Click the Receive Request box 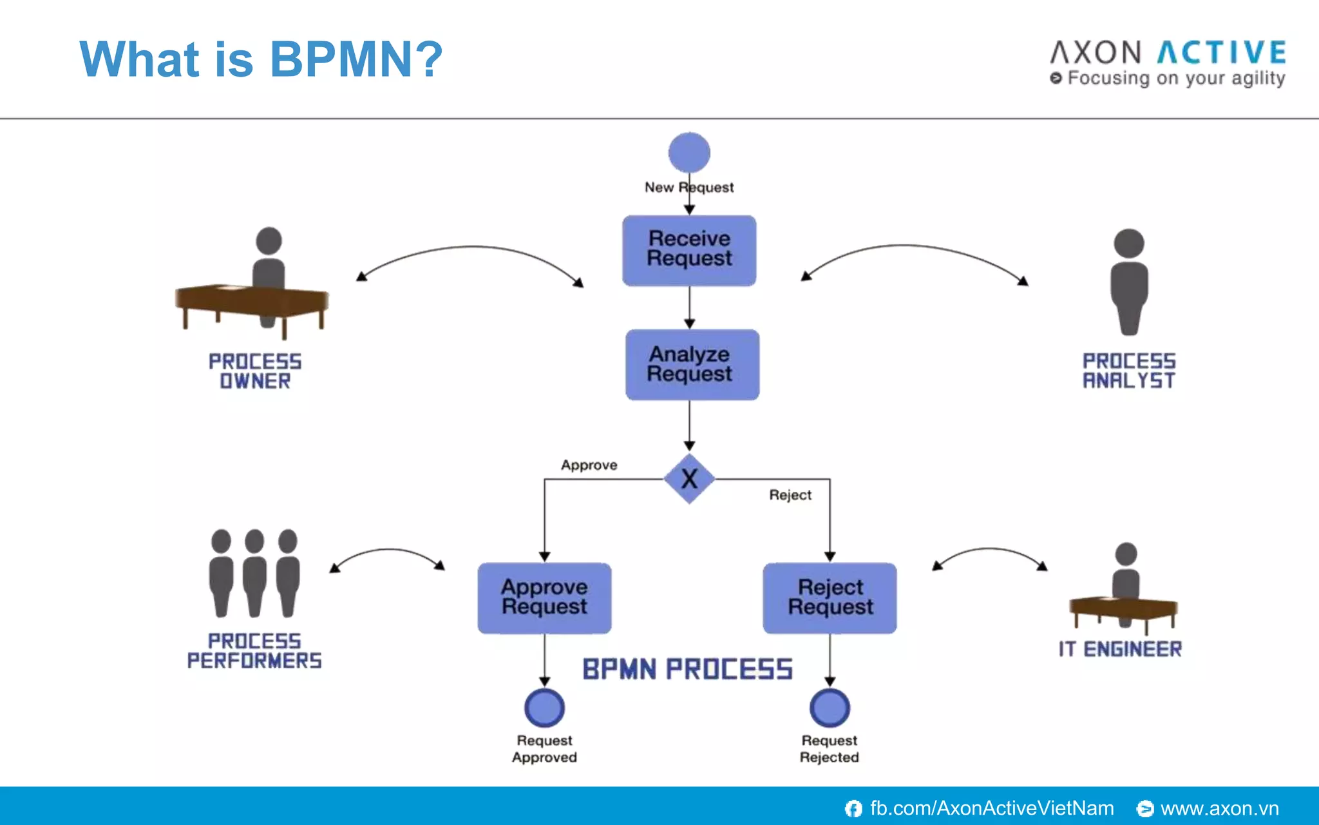coord(689,250)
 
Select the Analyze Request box coord(692,365)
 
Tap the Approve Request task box coord(544,597)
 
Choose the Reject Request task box coord(830,597)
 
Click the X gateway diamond coord(689,479)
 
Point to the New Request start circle coord(689,153)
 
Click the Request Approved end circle coord(544,708)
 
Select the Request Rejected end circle coord(830,708)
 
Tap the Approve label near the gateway coord(589,465)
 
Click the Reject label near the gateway coord(790,495)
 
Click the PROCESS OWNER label coord(255,371)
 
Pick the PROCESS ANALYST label coord(1128,371)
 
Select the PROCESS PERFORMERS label coord(254,650)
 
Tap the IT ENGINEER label coord(1120,649)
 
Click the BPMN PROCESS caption coord(687,670)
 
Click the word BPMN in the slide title coord(341,59)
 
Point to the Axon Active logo coord(1168,62)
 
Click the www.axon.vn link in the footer coord(1219,808)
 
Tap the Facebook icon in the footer coord(853,808)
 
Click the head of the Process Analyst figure coord(1128,244)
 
